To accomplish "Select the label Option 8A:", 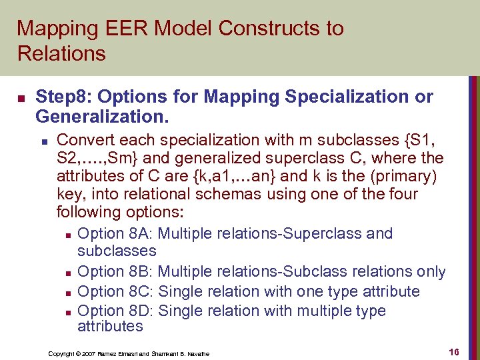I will click(115, 234).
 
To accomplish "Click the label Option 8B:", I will click(115, 272).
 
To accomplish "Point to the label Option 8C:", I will click(115, 291).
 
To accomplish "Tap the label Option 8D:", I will click(115, 311).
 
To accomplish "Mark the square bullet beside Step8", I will click(21, 98).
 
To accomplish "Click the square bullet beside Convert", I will click(43, 141).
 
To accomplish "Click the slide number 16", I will click(455, 351).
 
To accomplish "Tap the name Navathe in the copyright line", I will click(197, 353).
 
